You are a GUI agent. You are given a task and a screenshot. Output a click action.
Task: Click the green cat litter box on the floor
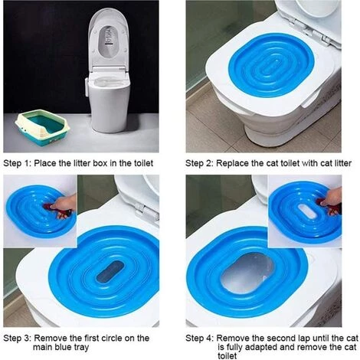pyautogui.click(x=42, y=126)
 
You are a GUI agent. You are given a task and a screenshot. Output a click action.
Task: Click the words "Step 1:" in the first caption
pyautogui.click(x=17, y=163)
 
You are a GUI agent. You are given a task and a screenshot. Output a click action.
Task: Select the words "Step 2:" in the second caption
pyautogui.click(x=199, y=163)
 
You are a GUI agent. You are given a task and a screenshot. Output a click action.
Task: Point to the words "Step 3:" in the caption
pyautogui.click(x=17, y=339)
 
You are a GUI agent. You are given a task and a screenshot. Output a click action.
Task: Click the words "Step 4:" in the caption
pyautogui.click(x=199, y=339)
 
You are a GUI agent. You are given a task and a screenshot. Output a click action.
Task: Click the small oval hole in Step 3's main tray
pyautogui.click(x=110, y=271)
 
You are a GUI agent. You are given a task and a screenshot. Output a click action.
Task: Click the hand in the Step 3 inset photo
pyautogui.click(x=64, y=204)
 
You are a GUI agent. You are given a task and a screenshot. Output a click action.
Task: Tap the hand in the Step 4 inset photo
pyautogui.click(x=331, y=197)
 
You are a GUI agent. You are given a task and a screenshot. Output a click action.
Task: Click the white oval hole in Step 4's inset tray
pyautogui.click(x=309, y=211)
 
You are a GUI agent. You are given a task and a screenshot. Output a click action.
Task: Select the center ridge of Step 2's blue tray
pyautogui.click(x=271, y=67)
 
